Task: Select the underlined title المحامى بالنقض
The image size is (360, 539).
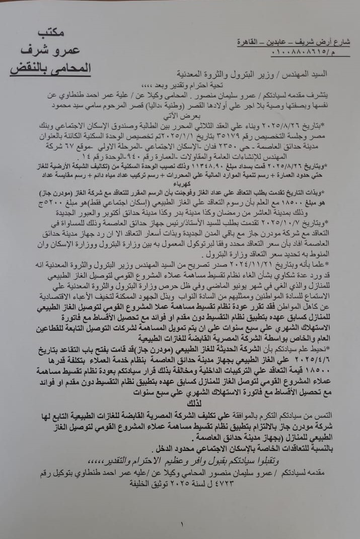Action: coord(50,68)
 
